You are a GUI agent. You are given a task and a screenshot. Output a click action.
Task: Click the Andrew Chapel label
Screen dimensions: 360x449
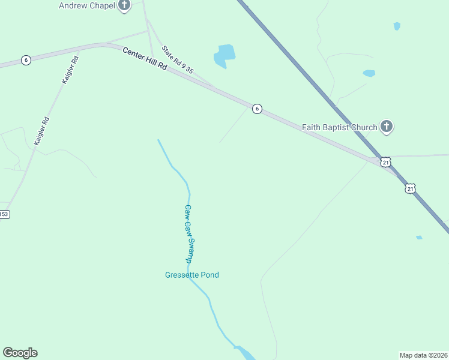86,5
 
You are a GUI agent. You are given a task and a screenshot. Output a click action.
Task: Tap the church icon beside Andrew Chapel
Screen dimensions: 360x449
124,6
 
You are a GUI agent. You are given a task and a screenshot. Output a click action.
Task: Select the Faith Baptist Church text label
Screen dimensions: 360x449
339,127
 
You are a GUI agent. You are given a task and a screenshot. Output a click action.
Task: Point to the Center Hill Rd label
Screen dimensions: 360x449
145,59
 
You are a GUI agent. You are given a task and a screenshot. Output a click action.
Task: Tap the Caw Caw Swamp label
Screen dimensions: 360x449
188,234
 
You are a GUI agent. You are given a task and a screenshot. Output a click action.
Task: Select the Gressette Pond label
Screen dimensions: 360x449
192,275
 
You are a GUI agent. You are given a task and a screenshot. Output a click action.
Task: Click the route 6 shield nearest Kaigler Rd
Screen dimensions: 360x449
25,60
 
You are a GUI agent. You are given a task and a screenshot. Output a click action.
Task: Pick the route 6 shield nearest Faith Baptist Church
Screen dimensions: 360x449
257,109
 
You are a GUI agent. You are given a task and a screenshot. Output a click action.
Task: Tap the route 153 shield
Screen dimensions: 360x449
4,214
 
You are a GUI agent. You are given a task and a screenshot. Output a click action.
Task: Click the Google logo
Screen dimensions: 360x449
20,353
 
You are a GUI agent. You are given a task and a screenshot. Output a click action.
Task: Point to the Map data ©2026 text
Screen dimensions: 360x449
423,355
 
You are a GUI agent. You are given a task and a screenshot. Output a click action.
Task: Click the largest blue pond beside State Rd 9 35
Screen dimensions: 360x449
224,55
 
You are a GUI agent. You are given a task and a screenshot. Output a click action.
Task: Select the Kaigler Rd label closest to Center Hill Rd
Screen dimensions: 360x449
70,70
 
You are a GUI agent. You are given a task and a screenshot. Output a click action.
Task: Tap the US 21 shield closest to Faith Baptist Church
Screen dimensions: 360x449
386,162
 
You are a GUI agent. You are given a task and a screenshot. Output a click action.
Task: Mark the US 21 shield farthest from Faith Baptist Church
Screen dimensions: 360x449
410,188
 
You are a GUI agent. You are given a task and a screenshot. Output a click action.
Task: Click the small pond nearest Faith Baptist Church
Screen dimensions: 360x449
369,73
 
